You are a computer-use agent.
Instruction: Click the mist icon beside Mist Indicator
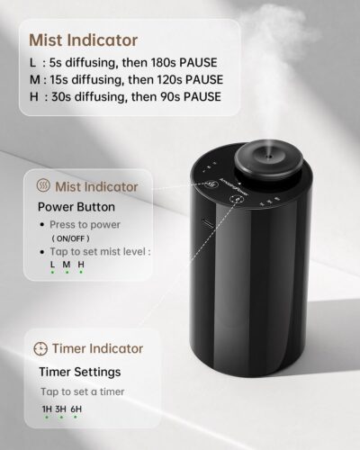(42, 186)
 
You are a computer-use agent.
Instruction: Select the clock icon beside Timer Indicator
(40, 348)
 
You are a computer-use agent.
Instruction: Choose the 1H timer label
(47, 409)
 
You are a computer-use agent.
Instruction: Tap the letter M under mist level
(67, 264)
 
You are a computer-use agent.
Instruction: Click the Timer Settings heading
(79, 371)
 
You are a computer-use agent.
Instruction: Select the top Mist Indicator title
(83, 40)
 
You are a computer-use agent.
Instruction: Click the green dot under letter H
(81, 273)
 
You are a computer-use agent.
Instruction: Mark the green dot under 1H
(47, 419)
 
